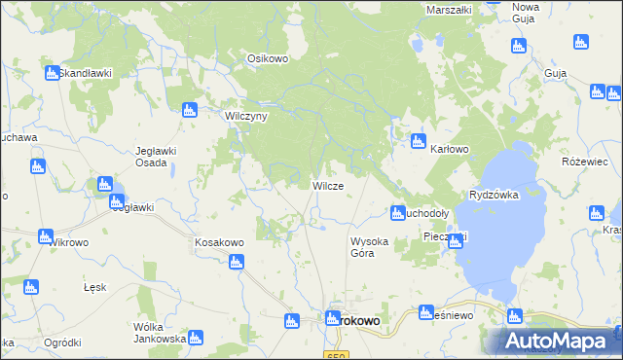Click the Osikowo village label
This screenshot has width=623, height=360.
[268, 58]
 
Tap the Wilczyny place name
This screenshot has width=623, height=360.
[246, 115]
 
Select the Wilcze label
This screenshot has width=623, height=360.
[326, 185]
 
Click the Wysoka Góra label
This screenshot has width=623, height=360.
[370, 247]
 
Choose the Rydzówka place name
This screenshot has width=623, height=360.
[494, 195]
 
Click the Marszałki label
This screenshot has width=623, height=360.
[450, 10]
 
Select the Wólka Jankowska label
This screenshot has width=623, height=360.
[160, 333]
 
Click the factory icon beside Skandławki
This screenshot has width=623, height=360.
[51, 73]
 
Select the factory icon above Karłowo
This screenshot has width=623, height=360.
[418, 140]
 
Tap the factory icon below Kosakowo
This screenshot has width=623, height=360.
[236, 261]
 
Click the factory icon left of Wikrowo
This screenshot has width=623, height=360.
[45, 235]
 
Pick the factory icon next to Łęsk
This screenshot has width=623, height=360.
[30, 287]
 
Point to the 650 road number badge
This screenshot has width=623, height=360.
[337, 355]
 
